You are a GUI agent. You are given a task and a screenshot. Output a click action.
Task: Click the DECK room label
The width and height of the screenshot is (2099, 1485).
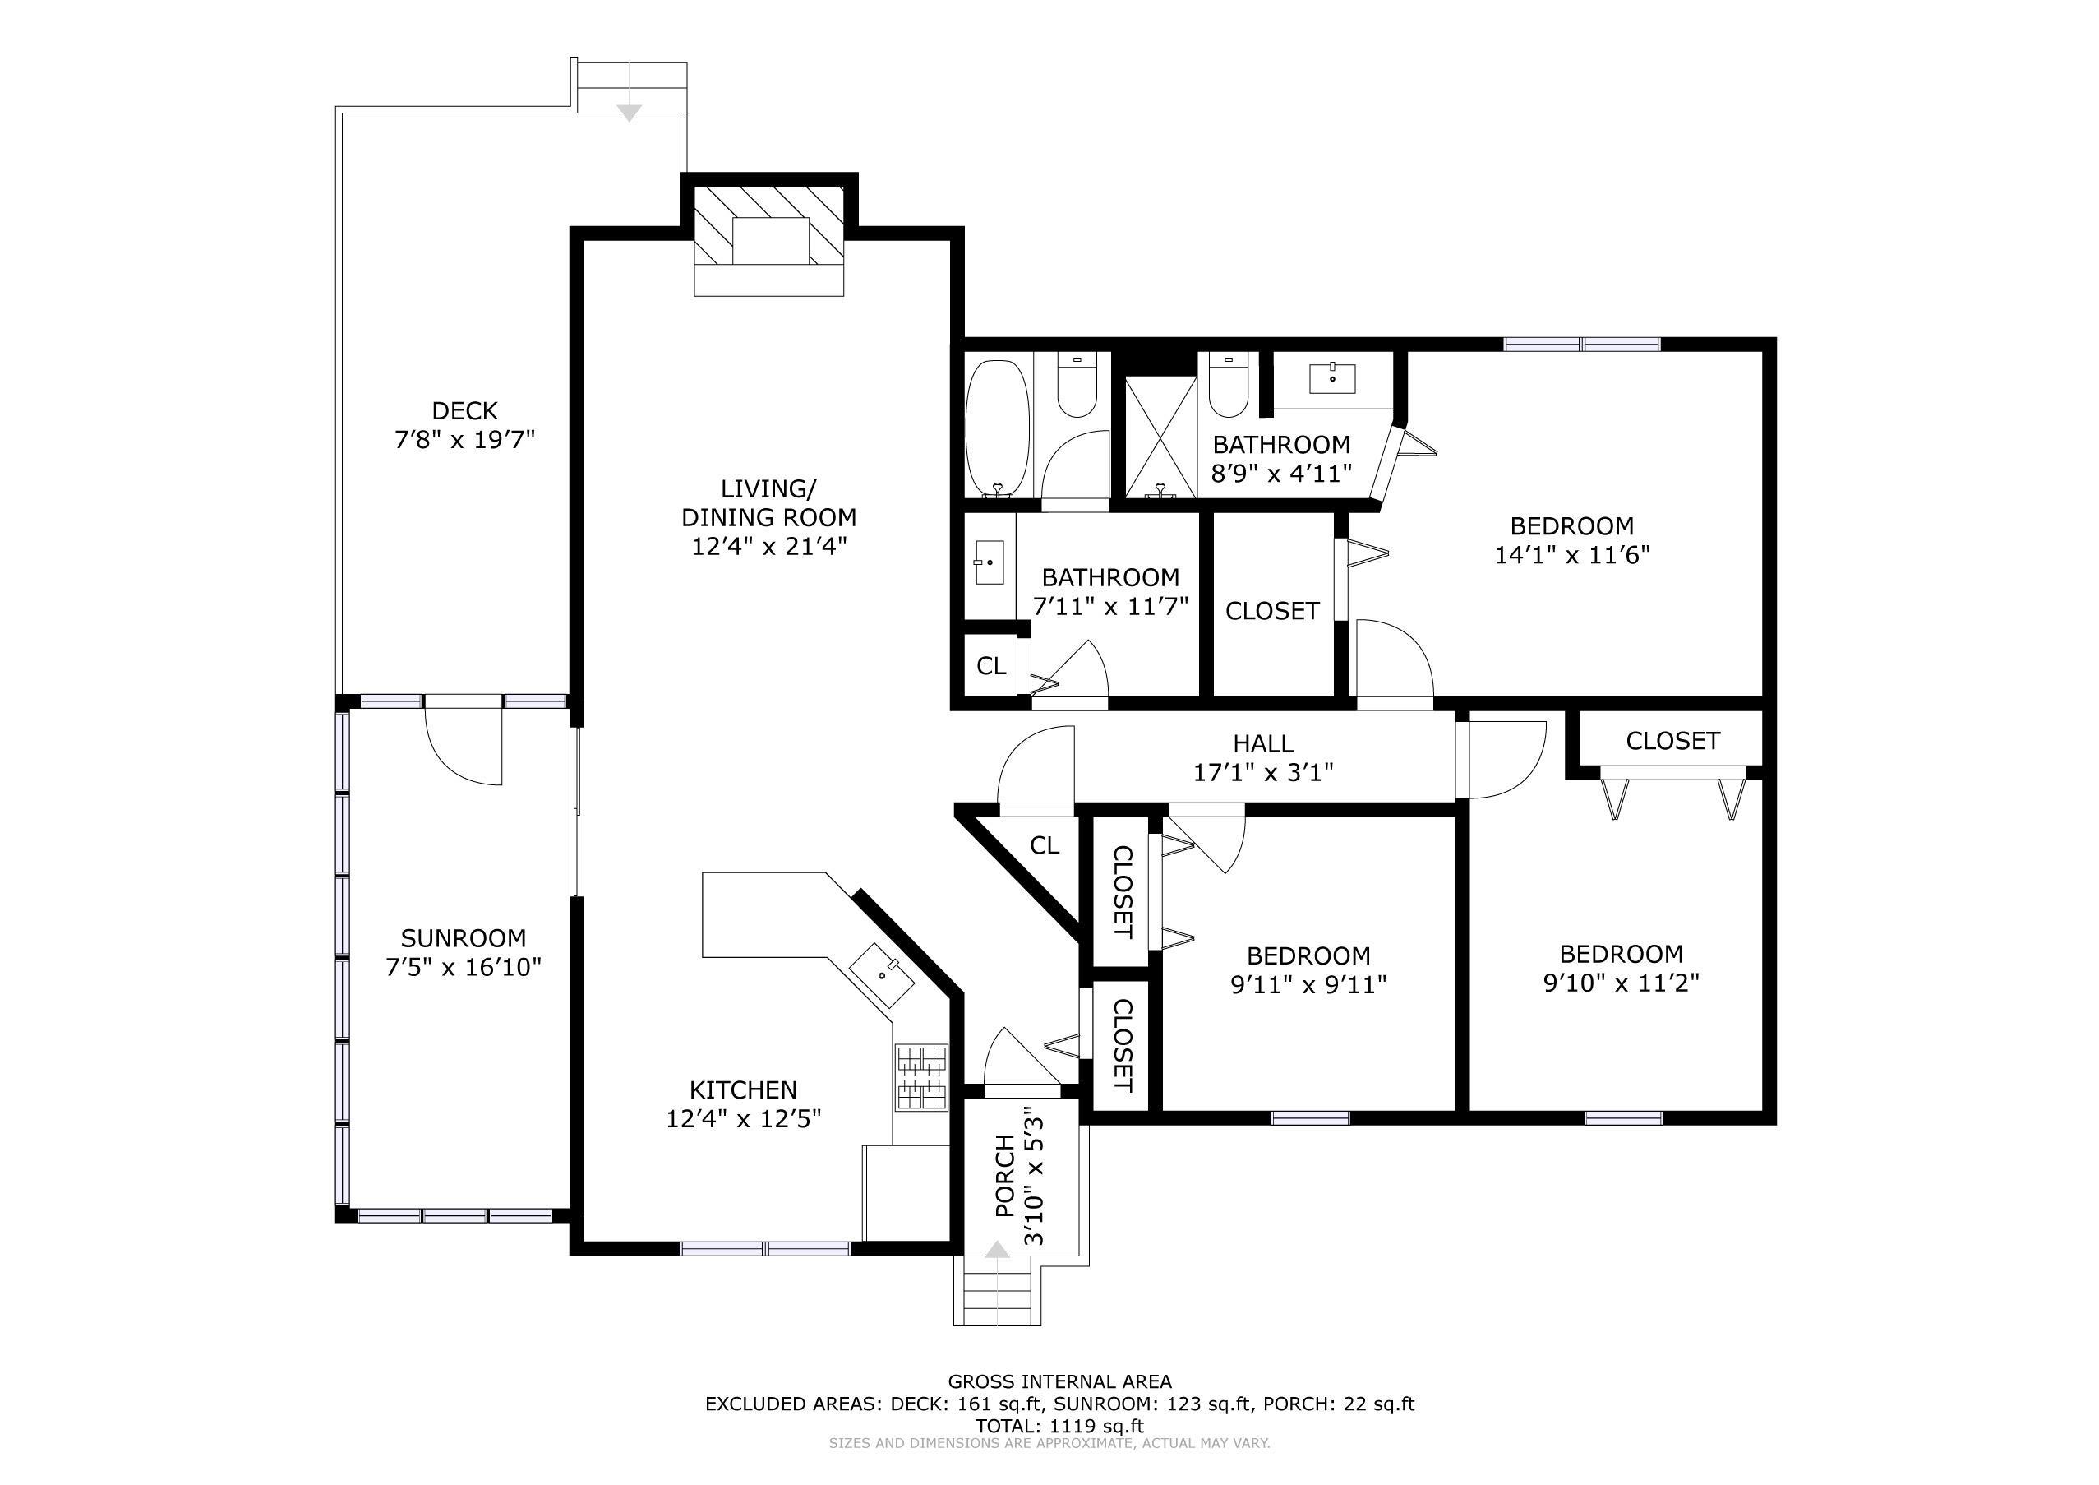[x=464, y=410]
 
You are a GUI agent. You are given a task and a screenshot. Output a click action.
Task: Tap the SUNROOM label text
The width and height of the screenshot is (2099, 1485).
[x=464, y=938]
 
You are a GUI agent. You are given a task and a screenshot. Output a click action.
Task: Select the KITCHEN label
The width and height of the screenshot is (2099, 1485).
[x=743, y=1090]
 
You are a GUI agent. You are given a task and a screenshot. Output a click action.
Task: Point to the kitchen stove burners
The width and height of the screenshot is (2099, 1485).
[x=921, y=1078]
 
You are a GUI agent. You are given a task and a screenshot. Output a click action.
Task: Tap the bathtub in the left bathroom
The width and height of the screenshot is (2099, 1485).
[x=998, y=428]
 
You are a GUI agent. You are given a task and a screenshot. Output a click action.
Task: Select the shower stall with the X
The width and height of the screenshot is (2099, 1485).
[x=1160, y=437]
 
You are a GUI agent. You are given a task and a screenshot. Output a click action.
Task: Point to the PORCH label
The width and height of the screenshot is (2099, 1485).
[x=1004, y=1176]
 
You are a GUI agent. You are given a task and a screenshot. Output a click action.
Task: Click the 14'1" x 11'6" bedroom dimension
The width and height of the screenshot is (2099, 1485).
[x=1571, y=555]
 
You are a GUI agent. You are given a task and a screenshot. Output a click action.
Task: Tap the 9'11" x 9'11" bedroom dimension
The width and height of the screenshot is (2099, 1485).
[x=1309, y=985]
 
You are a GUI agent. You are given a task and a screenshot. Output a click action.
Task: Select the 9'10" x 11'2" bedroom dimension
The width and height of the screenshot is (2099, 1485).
[x=1621, y=983]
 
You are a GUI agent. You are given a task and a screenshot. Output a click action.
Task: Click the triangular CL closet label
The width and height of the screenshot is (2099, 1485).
[x=1044, y=846]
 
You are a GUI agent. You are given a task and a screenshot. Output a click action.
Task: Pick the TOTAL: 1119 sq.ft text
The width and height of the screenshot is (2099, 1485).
[x=1059, y=1426]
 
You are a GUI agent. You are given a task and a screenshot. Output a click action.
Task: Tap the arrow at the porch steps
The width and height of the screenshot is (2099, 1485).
[x=998, y=1249]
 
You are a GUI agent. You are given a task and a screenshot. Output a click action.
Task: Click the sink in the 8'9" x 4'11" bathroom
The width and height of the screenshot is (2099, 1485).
[x=1332, y=377]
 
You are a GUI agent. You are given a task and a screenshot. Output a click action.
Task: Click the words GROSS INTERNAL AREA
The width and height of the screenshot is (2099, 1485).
[x=1059, y=1381]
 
